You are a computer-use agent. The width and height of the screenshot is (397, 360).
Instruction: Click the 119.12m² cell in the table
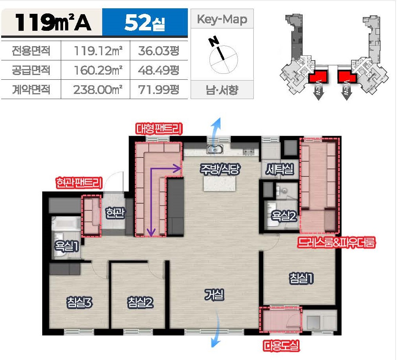pyautogui.click(x=98, y=51)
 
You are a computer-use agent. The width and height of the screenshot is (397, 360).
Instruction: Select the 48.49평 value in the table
pyautogui.click(x=159, y=70)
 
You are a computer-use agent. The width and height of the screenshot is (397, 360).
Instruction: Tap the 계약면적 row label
pyautogui.click(x=31, y=90)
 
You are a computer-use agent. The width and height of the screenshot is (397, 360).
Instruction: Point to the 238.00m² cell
pyautogui.click(x=98, y=90)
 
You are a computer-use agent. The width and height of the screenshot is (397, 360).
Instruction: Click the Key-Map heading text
pyautogui.click(x=222, y=19)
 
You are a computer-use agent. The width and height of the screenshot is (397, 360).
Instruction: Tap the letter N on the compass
pyautogui.click(x=213, y=41)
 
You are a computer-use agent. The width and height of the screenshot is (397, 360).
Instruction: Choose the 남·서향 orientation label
pyautogui.click(x=222, y=90)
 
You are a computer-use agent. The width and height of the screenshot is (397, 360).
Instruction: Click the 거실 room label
pyautogui.click(x=214, y=295)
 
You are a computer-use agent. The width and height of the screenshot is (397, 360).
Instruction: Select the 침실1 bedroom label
pyautogui.click(x=301, y=278)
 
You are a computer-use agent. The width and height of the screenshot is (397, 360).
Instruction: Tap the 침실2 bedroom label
pyautogui.click(x=140, y=302)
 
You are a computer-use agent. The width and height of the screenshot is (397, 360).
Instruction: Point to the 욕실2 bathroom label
pyautogui.click(x=284, y=216)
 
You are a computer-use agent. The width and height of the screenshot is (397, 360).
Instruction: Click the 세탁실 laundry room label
pyautogui.click(x=280, y=169)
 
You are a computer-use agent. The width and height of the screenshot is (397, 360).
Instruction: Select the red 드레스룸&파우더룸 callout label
pyautogui.click(x=336, y=242)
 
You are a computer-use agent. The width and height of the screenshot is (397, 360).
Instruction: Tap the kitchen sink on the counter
pyautogui.click(x=215, y=149)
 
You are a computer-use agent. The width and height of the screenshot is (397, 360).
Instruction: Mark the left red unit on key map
pyautogui.click(x=318, y=76)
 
